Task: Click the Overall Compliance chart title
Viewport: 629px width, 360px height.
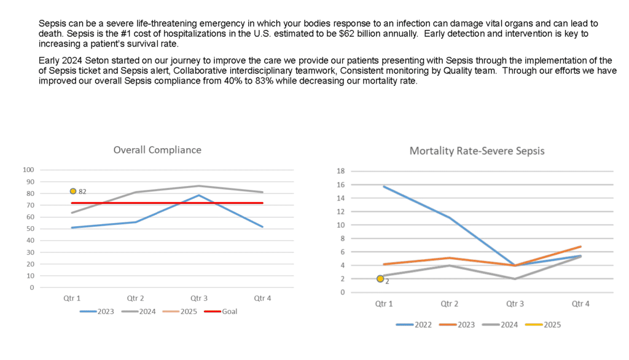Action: tap(157, 150)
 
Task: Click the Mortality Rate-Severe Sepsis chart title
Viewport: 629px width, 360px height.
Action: tap(477, 151)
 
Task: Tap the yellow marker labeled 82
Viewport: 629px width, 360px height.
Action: tap(73, 192)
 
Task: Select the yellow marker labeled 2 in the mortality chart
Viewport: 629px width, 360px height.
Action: tap(380, 278)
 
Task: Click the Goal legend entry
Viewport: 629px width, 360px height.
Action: tap(221, 311)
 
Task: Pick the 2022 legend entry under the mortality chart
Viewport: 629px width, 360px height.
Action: tap(414, 325)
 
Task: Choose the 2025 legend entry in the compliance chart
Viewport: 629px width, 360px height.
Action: tap(180, 311)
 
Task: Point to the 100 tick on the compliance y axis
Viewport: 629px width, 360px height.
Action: tap(28, 170)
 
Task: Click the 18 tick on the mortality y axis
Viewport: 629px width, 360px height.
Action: tap(340, 171)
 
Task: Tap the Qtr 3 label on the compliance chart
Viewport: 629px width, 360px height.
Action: tap(199, 298)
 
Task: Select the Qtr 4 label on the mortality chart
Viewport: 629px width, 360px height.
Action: tap(580, 304)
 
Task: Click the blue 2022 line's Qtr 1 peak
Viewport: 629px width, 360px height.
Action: tap(384, 186)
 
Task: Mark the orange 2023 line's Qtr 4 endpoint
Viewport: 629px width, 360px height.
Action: tap(580, 246)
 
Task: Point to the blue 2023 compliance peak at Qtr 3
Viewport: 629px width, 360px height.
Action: tap(199, 195)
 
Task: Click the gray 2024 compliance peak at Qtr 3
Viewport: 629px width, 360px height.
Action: tap(199, 186)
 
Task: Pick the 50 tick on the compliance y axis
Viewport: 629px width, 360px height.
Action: tap(31, 229)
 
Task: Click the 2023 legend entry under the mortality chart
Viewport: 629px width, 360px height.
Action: tap(457, 325)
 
